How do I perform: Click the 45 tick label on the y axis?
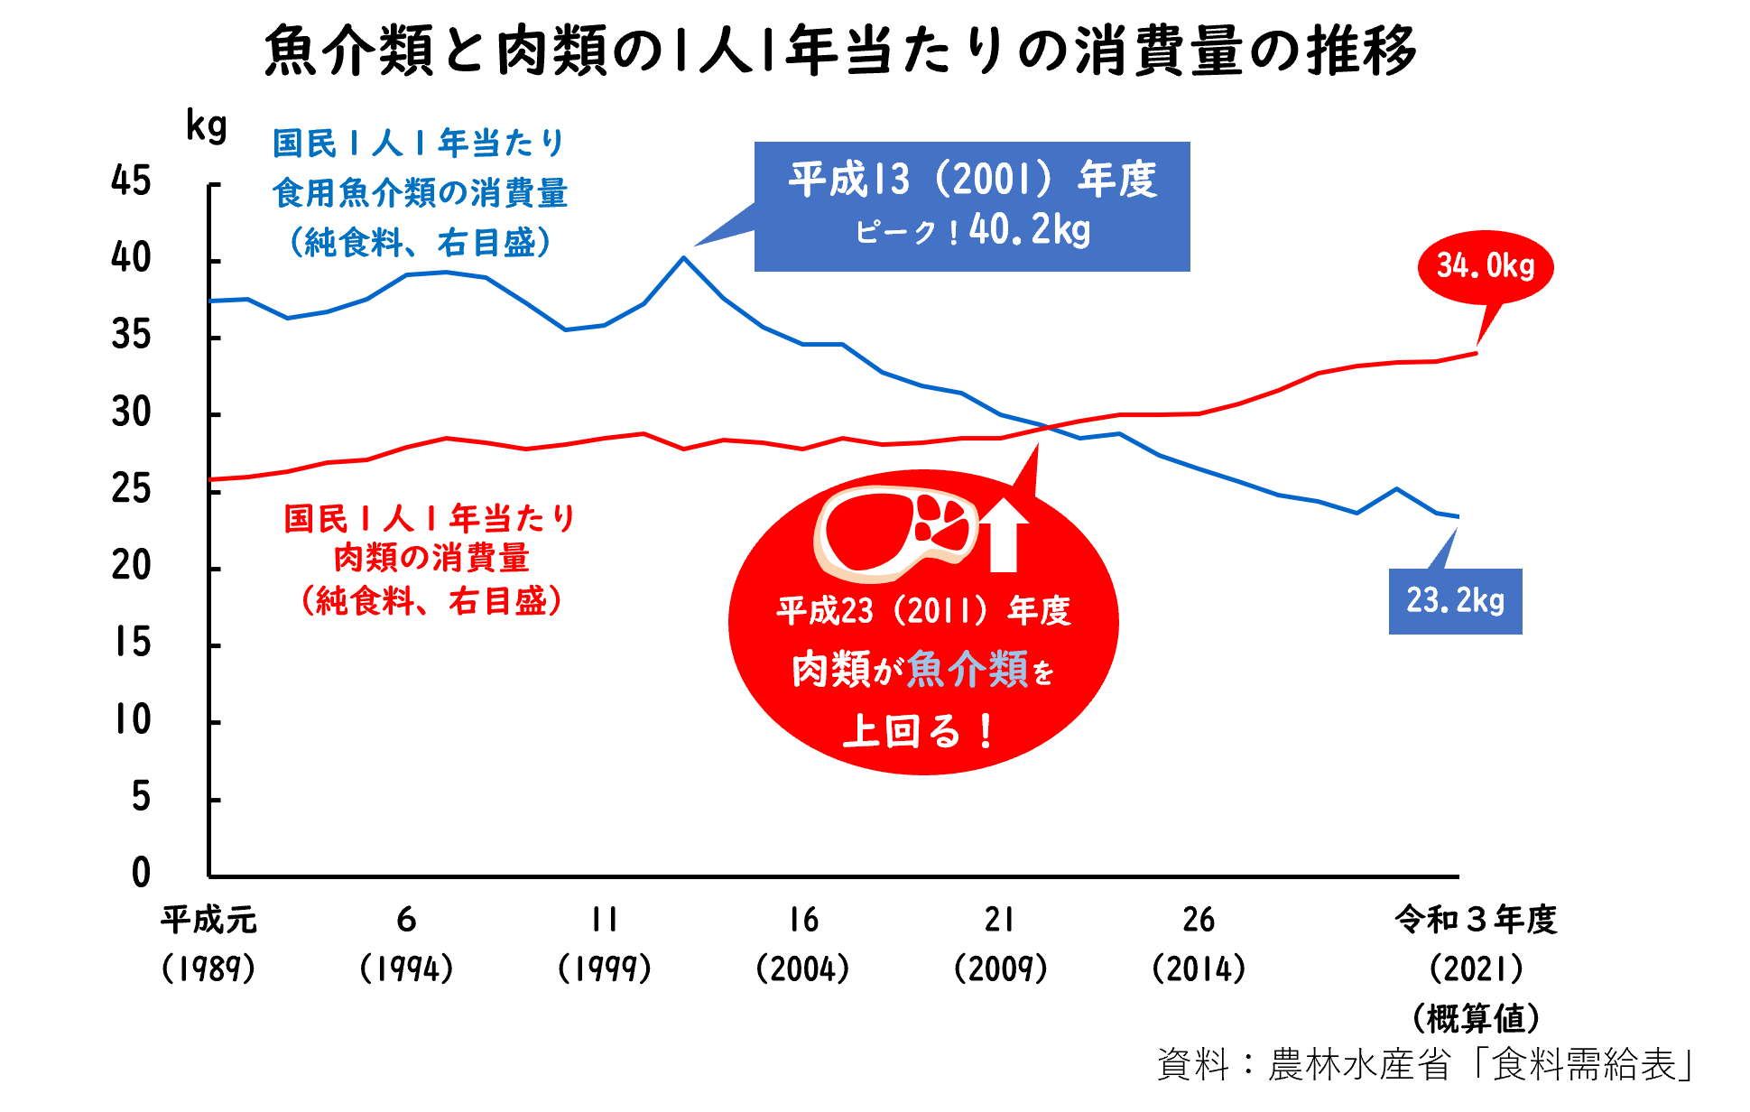[x=131, y=181]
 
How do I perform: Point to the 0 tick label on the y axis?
[x=141, y=873]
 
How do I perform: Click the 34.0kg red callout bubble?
[x=1486, y=266]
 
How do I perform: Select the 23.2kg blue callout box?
[x=1455, y=601]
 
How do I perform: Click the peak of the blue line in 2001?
[x=684, y=258]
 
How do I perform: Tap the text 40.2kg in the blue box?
[x=1030, y=230]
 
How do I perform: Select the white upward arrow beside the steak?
[x=1004, y=535]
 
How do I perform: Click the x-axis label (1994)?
[x=406, y=968]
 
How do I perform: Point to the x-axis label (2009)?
[x=1000, y=968]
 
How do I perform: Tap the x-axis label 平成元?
[x=208, y=920]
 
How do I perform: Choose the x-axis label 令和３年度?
[x=1476, y=920]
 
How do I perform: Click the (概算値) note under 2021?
[x=1476, y=1018]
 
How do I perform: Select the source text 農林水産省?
[x=1359, y=1065]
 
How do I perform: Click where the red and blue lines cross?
[x=1047, y=427]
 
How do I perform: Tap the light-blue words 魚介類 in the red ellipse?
[x=967, y=670]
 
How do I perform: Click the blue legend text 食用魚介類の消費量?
[x=420, y=192]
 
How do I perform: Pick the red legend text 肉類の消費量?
[x=431, y=558]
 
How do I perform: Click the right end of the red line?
[x=1477, y=353]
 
